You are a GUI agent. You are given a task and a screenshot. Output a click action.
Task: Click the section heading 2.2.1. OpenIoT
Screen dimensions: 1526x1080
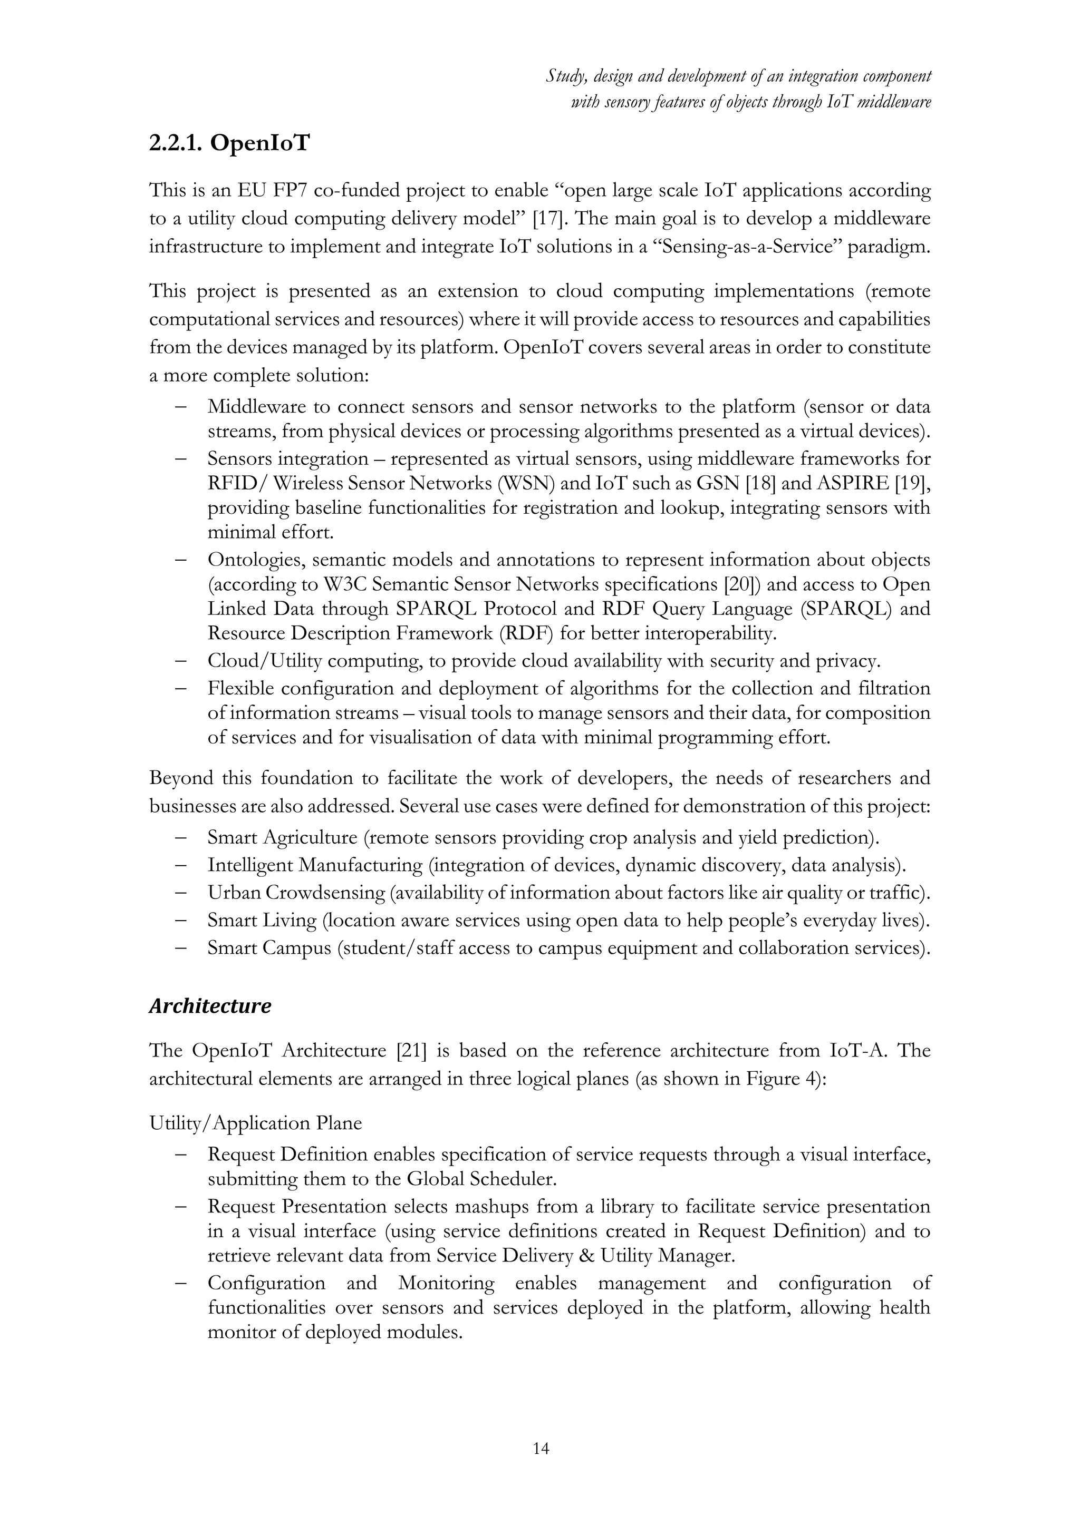click(229, 143)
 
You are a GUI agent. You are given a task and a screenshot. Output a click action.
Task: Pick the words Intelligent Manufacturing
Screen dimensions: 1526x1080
click(314, 865)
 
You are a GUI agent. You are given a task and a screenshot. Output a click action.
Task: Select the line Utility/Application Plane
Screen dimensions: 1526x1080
click(255, 1123)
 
